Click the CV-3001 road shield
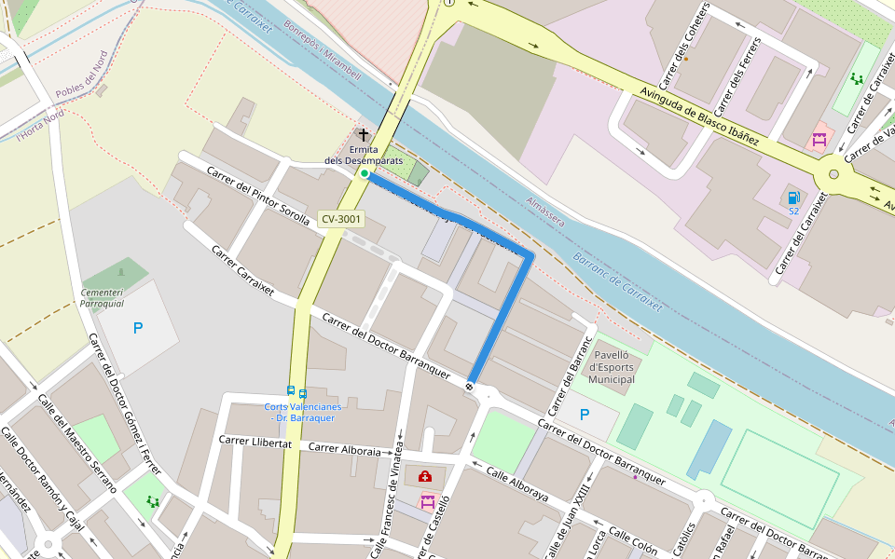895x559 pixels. [x=340, y=219]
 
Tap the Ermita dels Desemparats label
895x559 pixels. [x=364, y=155]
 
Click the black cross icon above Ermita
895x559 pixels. [x=364, y=136]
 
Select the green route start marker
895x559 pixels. [x=364, y=173]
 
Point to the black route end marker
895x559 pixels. [x=470, y=386]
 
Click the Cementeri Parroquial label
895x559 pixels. [x=103, y=298]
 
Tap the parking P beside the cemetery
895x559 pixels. [x=138, y=328]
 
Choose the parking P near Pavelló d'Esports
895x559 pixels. [x=585, y=415]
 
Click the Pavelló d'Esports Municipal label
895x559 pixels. [x=612, y=367]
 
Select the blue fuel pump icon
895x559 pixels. [x=793, y=198]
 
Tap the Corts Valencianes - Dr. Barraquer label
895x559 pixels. [x=299, y=412]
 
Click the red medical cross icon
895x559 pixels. [x=425, y=477]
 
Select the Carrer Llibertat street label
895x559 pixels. [x=255, y=443]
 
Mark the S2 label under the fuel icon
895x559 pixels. [x=794, y=211]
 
